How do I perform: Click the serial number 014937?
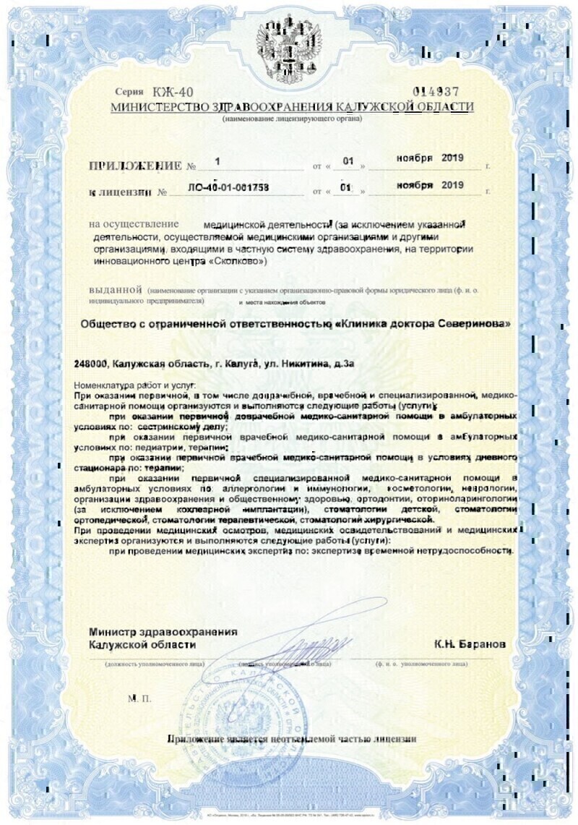(x=435, y=92)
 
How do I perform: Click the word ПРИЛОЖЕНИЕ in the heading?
(x=135, y=166)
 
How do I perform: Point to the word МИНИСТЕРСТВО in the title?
(x=150, y=107)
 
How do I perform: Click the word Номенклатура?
(x=108, y=386)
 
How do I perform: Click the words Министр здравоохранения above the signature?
(x=163, y=631)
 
